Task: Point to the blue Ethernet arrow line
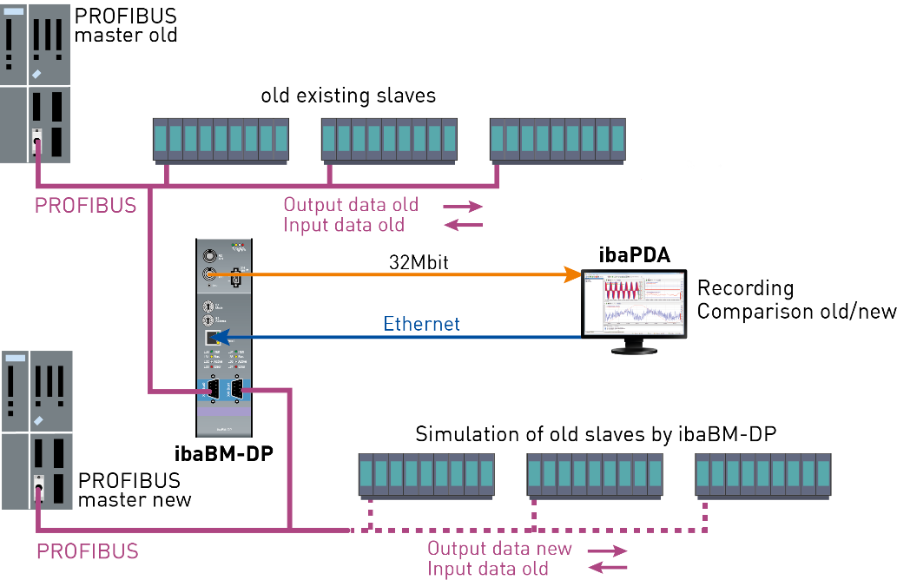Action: click(408, 337)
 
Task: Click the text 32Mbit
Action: click(418, 260)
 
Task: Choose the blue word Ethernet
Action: click(421, 324)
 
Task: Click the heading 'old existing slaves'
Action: click(348, 96)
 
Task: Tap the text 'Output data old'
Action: click(351, 205)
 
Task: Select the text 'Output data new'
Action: click(499, 548)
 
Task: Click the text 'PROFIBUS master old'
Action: click(126, 26)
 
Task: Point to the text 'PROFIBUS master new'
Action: click(135, 490)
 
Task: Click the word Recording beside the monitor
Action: click(746, 288)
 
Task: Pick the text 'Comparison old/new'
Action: click(796, 311)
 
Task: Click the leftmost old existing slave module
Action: click(221, 140)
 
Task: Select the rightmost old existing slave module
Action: click(557, 140)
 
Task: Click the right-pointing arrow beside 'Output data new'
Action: click(607, 550)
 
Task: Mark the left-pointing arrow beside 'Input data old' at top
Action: click(464, 226)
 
